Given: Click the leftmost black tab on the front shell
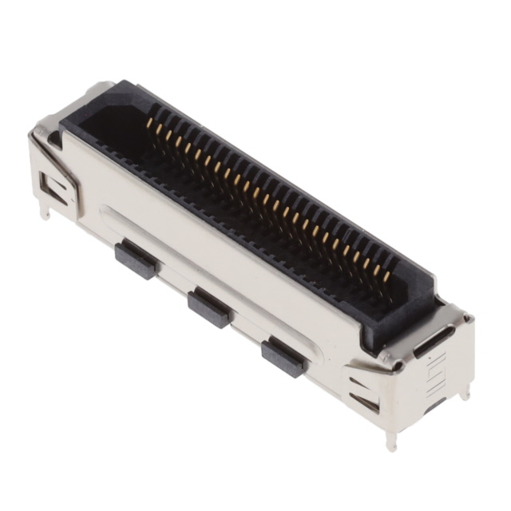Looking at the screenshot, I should coord(137,260).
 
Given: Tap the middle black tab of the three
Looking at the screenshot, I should coord(210,307).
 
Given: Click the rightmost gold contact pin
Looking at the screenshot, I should coord(386,276).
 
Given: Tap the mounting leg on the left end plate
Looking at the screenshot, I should coord(45,210).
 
